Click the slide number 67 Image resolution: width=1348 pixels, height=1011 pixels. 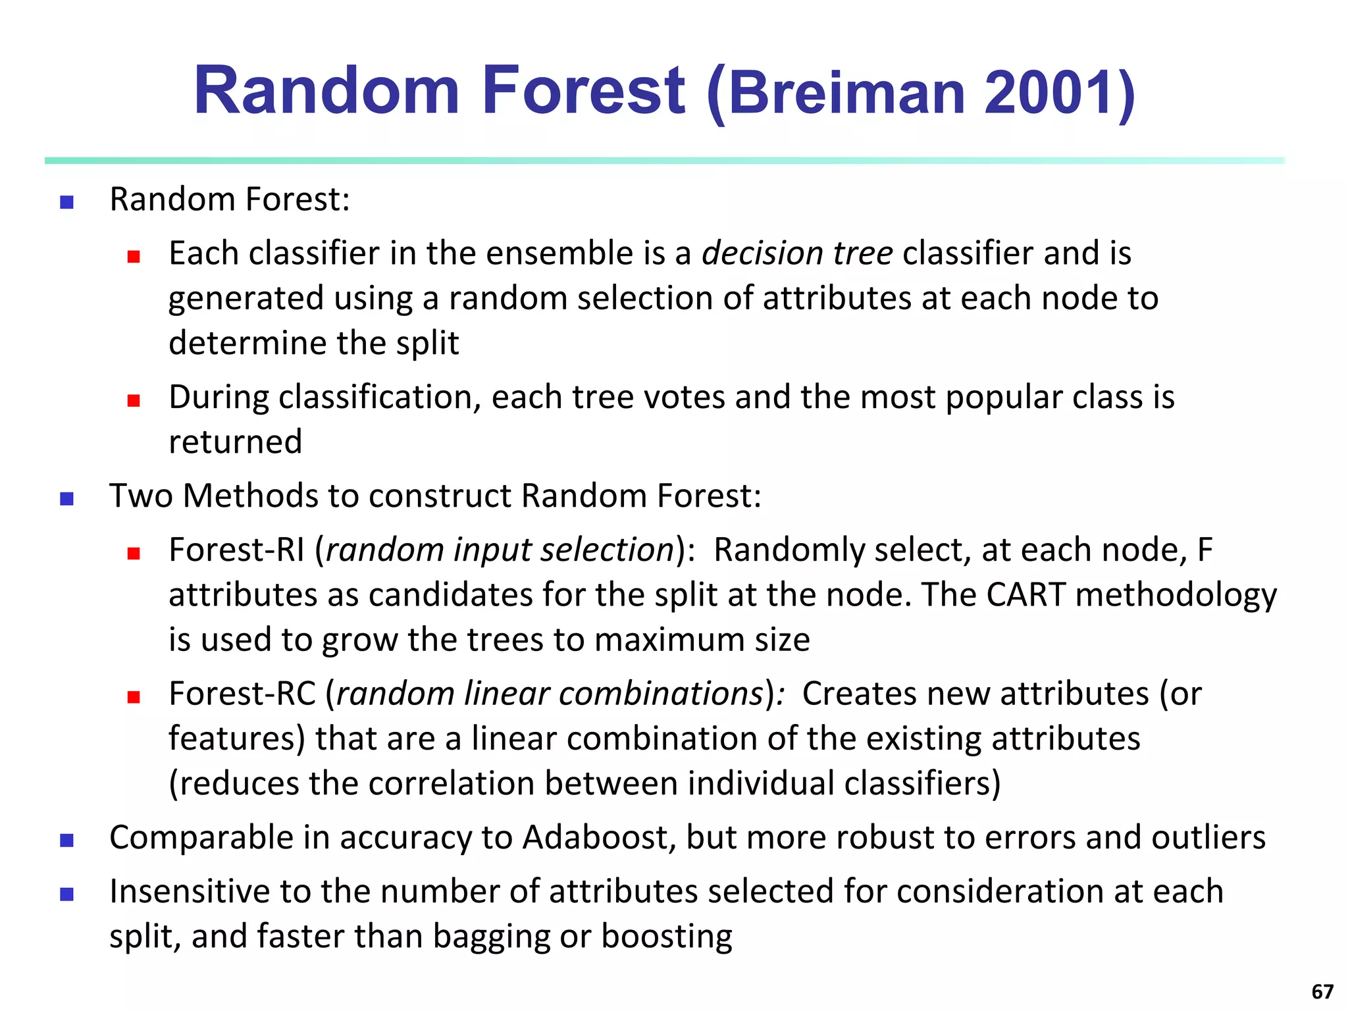click(1322, 991)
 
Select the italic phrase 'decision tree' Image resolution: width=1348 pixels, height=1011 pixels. click(797, 253)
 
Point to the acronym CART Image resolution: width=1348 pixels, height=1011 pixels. click(1025, 595)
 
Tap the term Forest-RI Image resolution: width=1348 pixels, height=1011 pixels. click(237, 550)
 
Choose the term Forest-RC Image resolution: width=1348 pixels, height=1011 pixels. click(242, 694)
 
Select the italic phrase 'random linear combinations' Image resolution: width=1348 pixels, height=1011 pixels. click(550, 694)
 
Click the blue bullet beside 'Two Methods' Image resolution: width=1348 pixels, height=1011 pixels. click(66, 499)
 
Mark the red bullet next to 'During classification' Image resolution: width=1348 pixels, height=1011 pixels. click(134, 400)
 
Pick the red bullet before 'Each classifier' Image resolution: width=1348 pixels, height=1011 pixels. click(134, 257)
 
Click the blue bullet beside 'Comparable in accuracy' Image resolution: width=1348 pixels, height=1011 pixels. click(66, 841)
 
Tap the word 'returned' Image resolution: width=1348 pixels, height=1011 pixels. click(235, 442)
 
